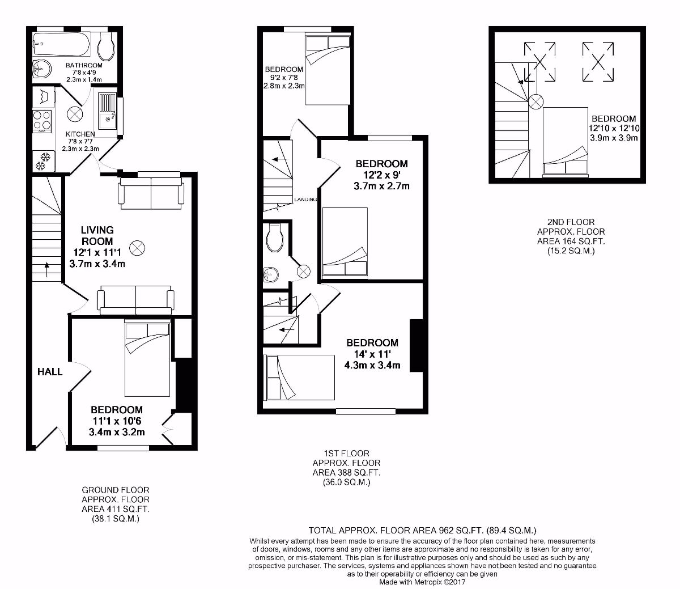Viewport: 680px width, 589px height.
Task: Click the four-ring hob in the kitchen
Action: pyautogui.click(x=42, y=120)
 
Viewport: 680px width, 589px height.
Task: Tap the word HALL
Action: pyautogui.click(x=50, y=372)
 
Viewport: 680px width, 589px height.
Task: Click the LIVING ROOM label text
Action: pyautogui.click(x=97, y=235)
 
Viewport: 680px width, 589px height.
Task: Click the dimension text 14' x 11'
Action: pyautogui.click(x=372, y=354)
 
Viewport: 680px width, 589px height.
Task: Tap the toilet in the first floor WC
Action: pyautogui.click(x=275, y=239)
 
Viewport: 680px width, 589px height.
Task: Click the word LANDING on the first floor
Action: pyautogui.click(x=305, y=200)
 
